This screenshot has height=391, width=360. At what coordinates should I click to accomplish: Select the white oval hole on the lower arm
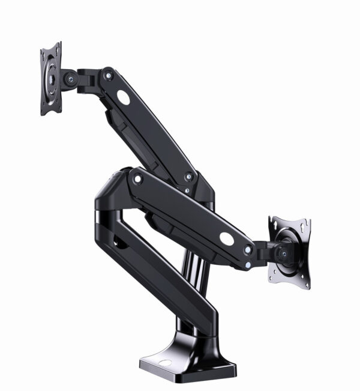[x=227, y=238]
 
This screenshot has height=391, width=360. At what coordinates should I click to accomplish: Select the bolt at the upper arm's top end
[x=108, y=75]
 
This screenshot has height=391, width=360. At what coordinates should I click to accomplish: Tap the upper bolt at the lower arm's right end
[x=248, y=249]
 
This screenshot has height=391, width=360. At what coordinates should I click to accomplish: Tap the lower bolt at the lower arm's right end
[x=248, y=262]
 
